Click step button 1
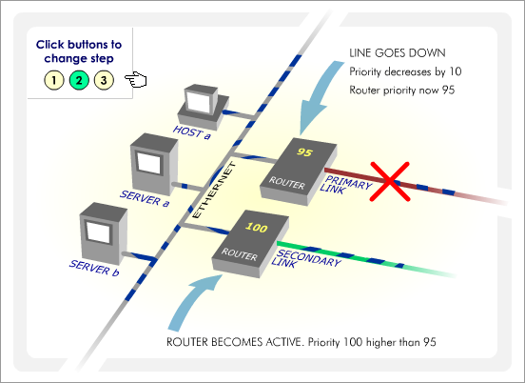pos(54,80)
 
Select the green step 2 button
pos(79,80)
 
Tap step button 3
pos(104,80)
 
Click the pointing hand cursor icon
pos(136,80)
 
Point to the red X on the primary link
pos(390,181)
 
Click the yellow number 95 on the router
pos(304,152)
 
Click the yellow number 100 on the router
pos(256,228)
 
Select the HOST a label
pos(192,132)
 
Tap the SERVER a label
pos(145,198)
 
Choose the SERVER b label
pos(94,269)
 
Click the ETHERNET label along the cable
pos(214,191)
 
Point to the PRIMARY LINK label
pos(345,185)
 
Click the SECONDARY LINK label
pos(305,259)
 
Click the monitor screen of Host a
pos(198,102)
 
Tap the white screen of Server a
pos(149,163)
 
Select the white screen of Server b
pos(99,232)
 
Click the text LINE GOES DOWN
pos(398,53)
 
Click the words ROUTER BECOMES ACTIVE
pos(234,342)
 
